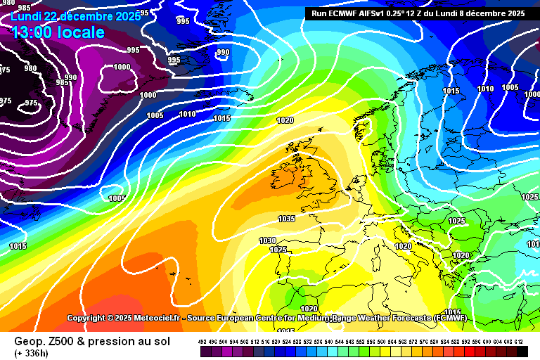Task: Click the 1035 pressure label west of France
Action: pyautogui.click(x=286, y=219)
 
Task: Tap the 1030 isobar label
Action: pyautogui.click(x=267, y=240)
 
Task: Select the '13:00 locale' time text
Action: pyautogui.click(x=58, y=32)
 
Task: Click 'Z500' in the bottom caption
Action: pyautogui.click(x=60, y=341)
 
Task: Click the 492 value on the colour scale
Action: pyautogui.click(x=202, y=342)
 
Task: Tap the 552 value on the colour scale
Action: pyautogui.click(x=361, y=342)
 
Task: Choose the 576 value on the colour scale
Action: pyautogui.click(x=425, y=342)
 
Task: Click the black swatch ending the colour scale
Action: pyautogui.click(x=521, y=350)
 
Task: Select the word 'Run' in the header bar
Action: pyautogui.click(x=319, y=13)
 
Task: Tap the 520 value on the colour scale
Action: pyautogui.click(x=276, y=342)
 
